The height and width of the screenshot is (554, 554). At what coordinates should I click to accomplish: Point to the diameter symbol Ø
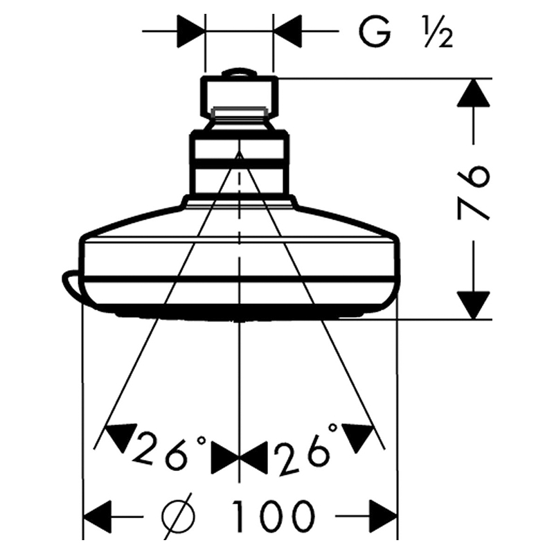pos(179,516)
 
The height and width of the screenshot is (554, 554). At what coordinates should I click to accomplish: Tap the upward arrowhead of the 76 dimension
pos(474,93)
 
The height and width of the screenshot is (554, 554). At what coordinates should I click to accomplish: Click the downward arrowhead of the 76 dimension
pos(474,305)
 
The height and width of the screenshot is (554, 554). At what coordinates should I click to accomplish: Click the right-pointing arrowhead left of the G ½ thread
pos(191,31)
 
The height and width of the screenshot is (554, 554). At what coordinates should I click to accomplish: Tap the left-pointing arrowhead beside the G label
pos(287,31)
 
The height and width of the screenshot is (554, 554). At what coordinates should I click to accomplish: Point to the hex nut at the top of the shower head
pos(240,96)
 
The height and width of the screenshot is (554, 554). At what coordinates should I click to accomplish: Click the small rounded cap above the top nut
pos(240,72)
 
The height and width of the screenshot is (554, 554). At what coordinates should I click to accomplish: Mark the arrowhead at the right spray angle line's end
pos(359,436)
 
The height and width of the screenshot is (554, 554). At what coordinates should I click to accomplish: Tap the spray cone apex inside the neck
pos(240,151)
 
